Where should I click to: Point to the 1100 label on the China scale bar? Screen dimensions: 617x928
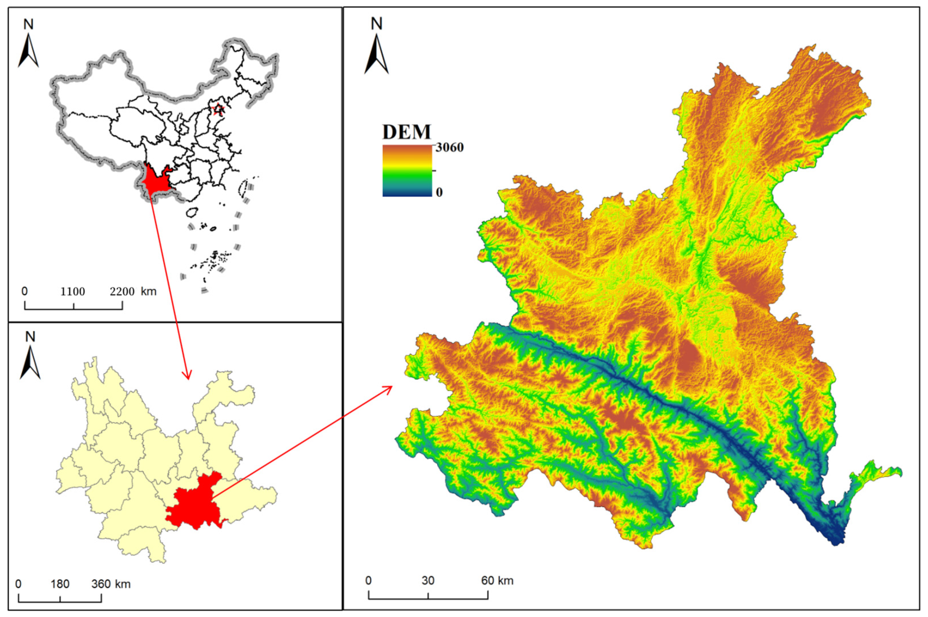point(73,292)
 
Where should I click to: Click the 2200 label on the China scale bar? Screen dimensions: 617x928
point(122,292)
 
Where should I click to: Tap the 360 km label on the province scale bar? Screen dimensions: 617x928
point(111,584)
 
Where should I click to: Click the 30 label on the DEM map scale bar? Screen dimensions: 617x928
point(428,581)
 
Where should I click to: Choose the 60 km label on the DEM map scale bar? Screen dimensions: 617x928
point(497,581)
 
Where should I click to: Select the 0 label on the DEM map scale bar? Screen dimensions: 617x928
point(369,581)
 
